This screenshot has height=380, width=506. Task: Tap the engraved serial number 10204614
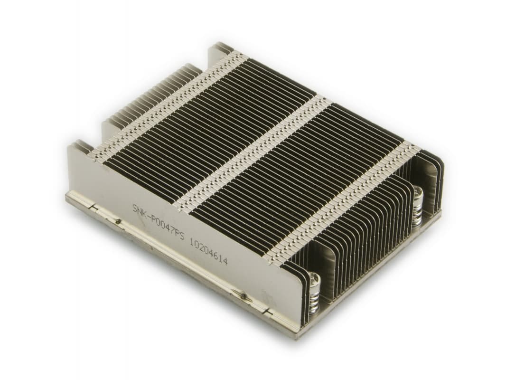pos(208,252)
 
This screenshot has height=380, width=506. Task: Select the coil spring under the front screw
pos(313,299)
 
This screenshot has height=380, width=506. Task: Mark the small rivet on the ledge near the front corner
pos(244,296)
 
